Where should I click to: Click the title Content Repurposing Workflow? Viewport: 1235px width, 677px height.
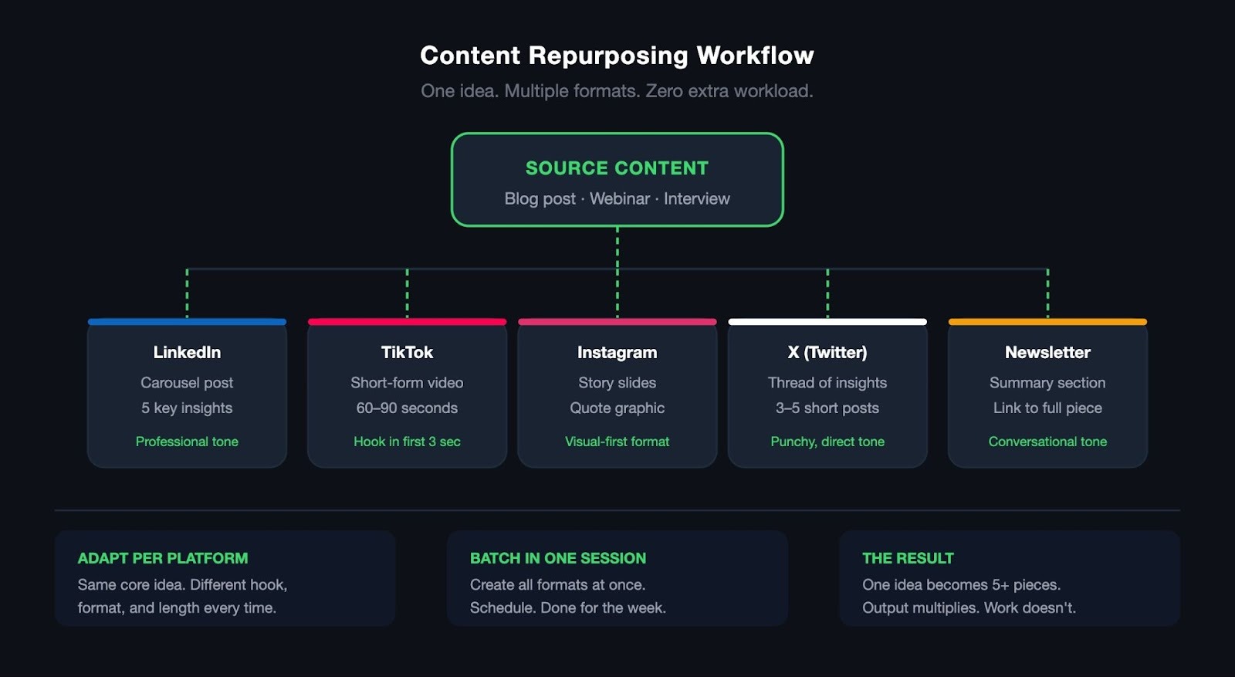pos(617,56)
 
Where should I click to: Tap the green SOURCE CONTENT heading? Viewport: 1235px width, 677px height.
pos(617,168)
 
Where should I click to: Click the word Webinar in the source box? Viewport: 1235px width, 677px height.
pos(620,199)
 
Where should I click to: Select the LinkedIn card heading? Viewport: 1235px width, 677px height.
pos(187,353)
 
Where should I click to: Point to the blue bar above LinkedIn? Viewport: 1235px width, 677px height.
pos(187,322)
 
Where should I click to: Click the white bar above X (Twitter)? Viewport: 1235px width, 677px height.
pos(827,322)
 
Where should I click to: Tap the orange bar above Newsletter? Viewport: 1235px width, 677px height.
pos(1047,322)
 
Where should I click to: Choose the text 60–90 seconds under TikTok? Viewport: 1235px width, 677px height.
pos(407,408)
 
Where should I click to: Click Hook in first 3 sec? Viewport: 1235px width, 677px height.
pos(407,442)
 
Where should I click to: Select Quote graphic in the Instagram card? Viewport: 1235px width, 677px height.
pos(617,408)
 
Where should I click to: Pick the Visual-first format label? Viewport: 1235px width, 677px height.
pos(617,442)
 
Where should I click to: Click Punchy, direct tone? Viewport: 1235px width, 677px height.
pos(827,442)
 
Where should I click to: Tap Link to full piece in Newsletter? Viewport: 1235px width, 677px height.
pos(1047,408)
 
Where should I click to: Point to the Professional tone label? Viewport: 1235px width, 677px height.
pos(187,442)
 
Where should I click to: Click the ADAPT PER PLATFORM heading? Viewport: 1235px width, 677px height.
pos(163,558)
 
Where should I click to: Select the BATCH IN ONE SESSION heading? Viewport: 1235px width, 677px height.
pos(558,558)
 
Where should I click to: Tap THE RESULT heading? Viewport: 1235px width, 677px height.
pos(908,558)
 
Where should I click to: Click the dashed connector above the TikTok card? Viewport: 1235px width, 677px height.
pos(407,293)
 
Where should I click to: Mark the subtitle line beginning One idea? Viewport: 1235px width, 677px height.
pos(617,91)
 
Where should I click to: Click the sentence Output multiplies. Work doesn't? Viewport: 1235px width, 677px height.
pos(969,608)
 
